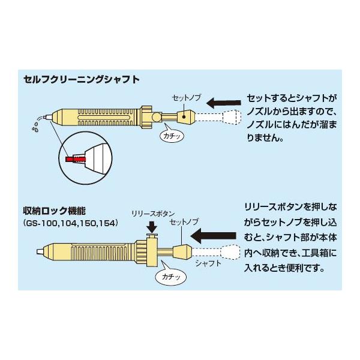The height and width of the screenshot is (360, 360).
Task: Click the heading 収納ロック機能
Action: [x=55, y=211]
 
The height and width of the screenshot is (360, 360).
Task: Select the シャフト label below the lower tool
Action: [x=208, y=263]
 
